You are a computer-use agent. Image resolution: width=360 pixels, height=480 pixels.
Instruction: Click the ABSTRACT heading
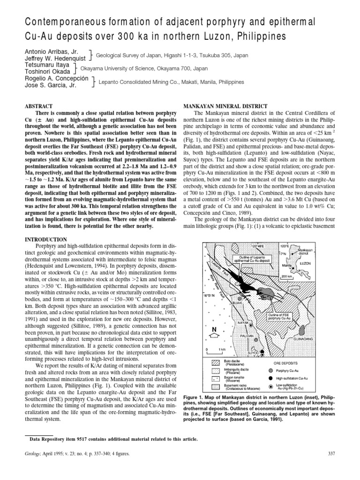tap(40, 106)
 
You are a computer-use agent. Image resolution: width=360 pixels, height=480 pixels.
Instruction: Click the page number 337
tap(327, 453)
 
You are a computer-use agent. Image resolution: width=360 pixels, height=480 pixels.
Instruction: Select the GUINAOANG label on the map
tap(317, 338)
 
